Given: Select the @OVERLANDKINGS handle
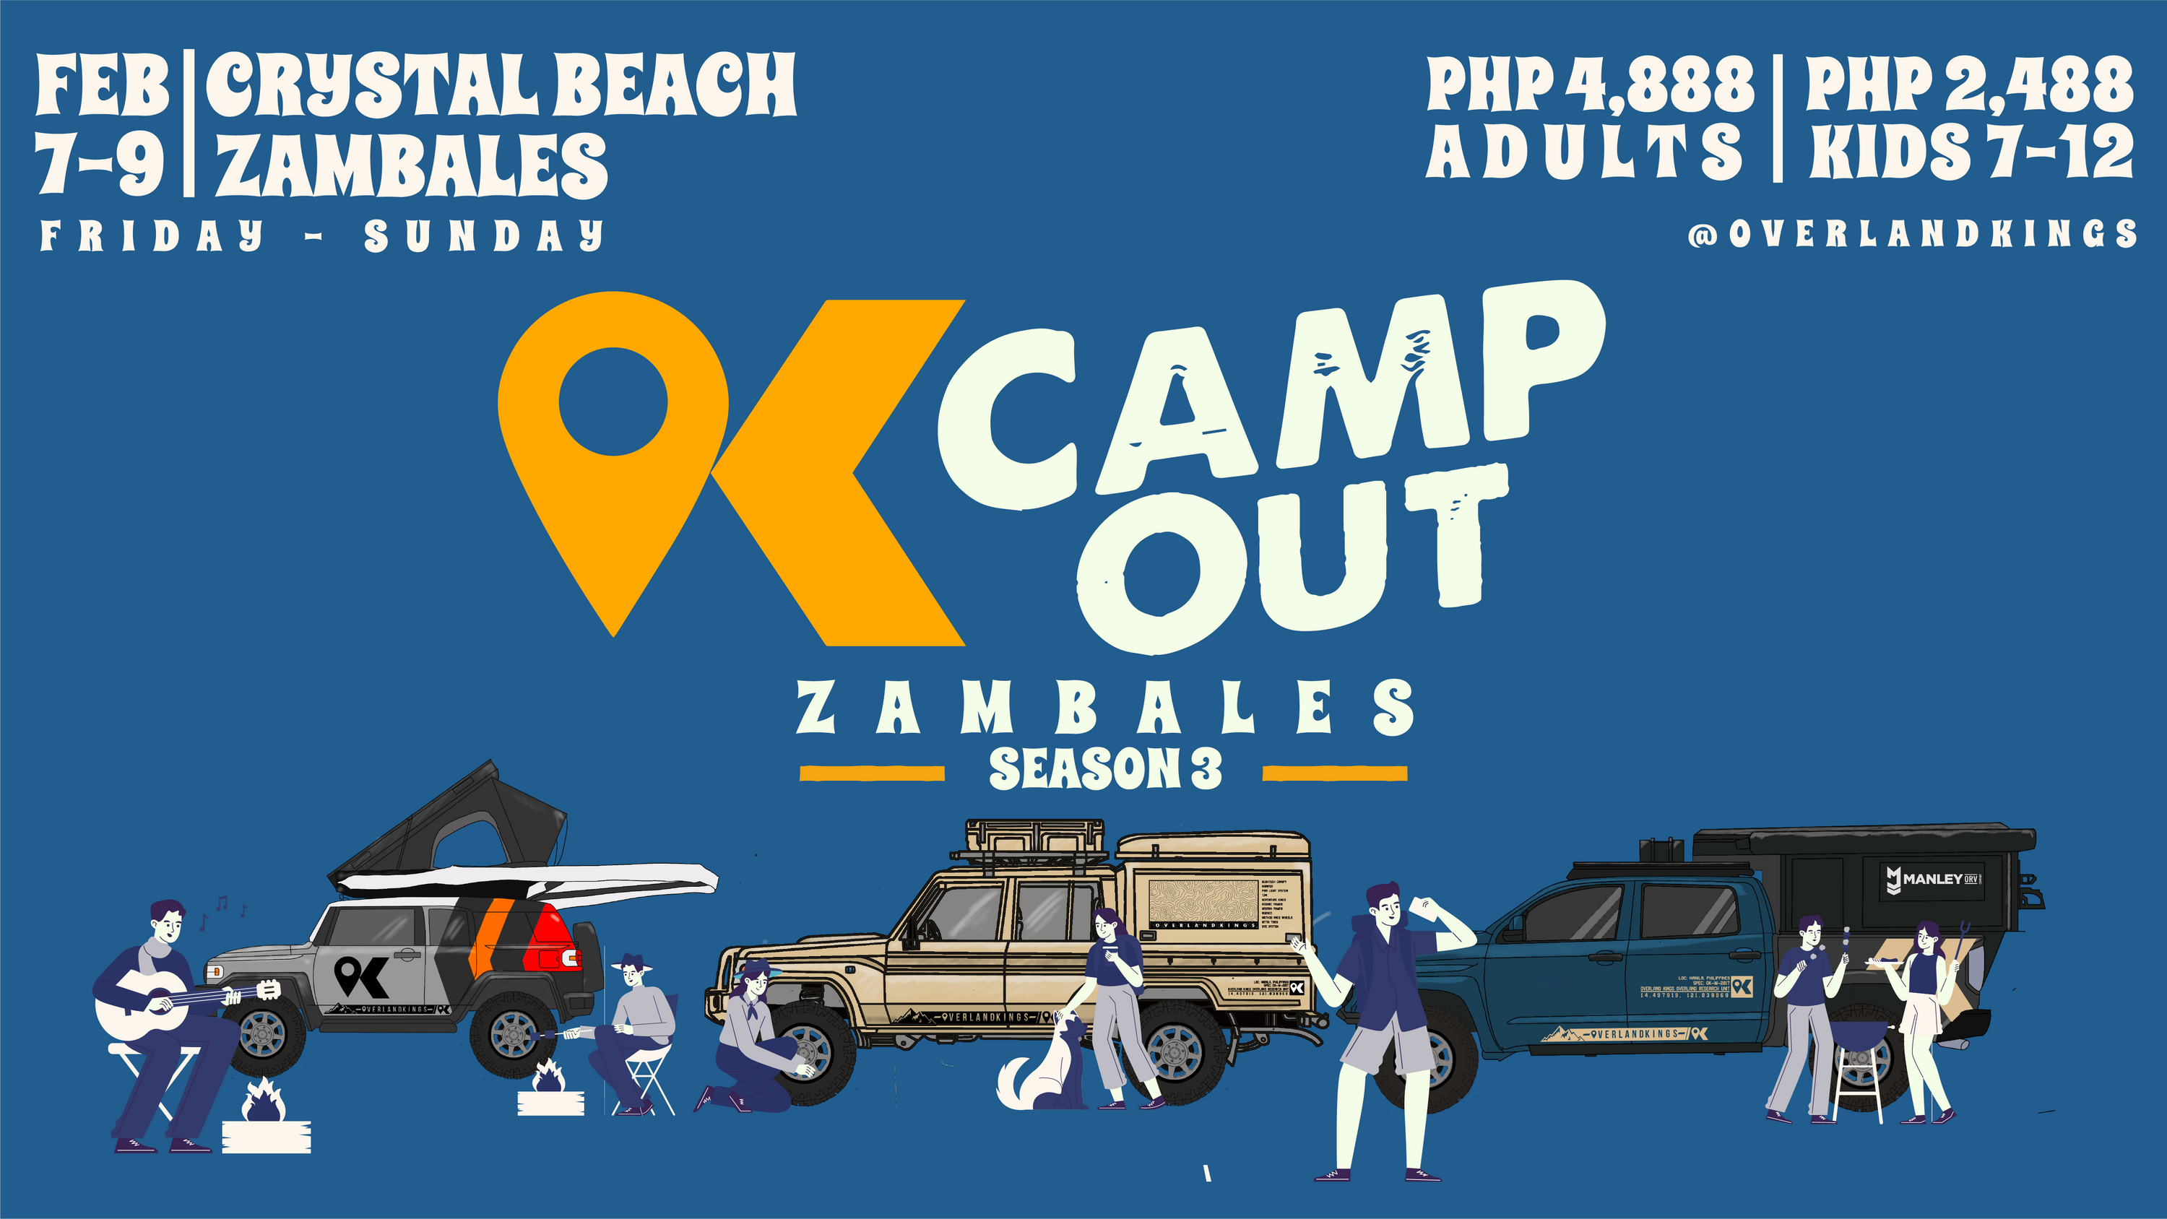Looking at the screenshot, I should [1911, 234].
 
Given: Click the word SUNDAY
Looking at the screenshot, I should [484, 235].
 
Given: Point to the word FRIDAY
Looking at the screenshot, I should [152, 235].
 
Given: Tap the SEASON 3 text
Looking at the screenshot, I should [1104, 769].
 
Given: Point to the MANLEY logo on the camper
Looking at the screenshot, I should [1935, 879].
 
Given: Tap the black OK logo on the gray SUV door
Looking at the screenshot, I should [361, 976].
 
